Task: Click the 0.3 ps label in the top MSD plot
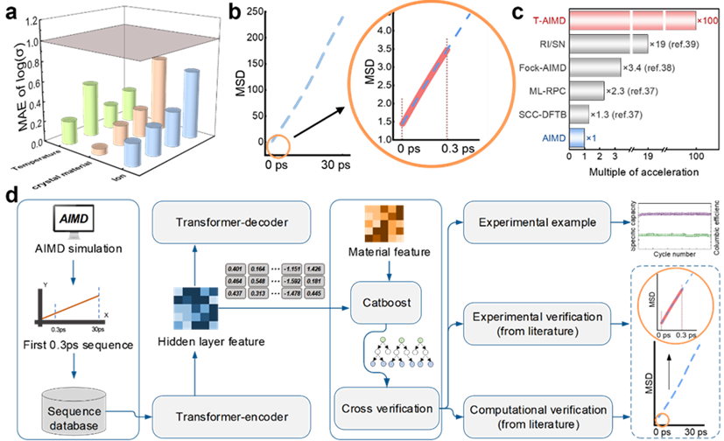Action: [x=448, y=150]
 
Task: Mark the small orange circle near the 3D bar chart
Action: [x=279, y=145]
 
